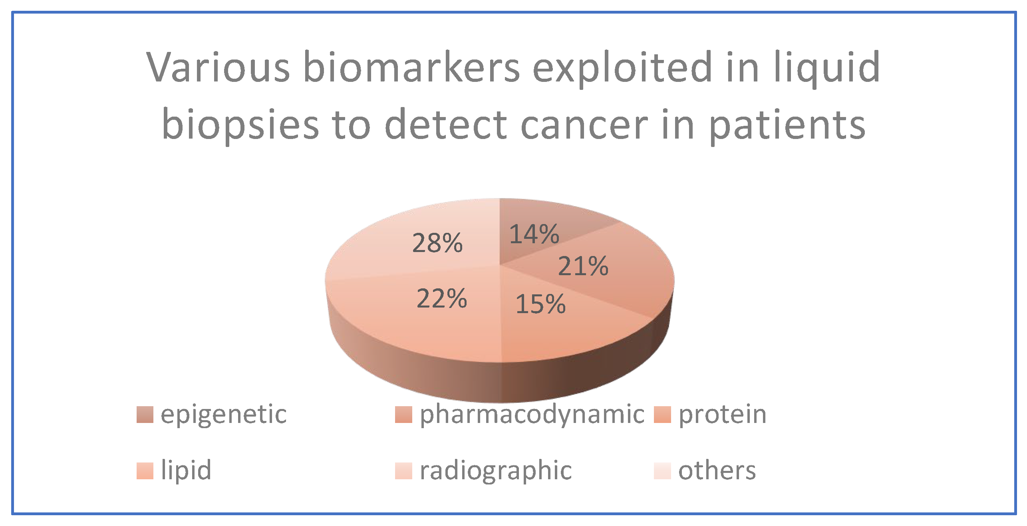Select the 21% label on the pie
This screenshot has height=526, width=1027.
click(583, 266)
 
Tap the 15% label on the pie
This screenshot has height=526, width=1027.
click(540, 304)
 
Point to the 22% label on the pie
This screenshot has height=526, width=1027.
click(441, 299)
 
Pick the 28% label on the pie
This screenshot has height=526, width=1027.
click(437, 243)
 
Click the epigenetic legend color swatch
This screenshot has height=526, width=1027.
click(145, 415)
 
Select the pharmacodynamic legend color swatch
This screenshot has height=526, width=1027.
click(403, 415)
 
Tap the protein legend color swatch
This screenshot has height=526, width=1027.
click(662, 415)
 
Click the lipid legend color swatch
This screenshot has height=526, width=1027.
click(145, 471)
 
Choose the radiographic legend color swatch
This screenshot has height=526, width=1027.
click(403, 471)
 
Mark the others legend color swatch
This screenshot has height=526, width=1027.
click(662, 471)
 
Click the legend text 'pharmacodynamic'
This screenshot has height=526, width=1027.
click(532, 416)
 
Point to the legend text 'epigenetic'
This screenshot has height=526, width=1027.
click(224, 416)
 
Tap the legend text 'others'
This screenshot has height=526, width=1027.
click(717, 471)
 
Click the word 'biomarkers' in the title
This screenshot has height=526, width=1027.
click(411, 67)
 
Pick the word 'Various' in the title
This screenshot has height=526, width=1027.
click(218, 67)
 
